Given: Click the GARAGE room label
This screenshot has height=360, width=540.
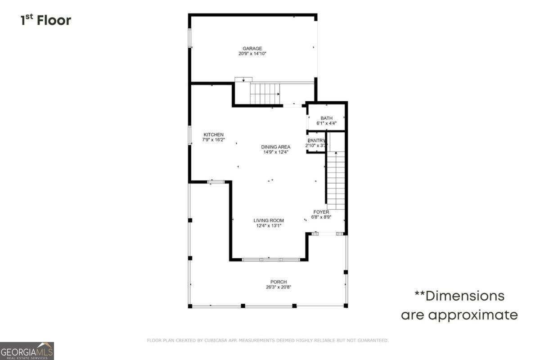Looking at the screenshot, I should click(x=252, y=49).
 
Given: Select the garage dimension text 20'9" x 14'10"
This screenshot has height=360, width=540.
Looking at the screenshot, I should click(x=252, y=54).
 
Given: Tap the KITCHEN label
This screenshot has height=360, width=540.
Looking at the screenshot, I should click(x=213, y=135).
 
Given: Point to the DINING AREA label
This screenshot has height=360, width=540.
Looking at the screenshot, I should click(x=276, y=147).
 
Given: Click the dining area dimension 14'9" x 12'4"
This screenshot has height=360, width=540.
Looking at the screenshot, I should click(x=276, y=152).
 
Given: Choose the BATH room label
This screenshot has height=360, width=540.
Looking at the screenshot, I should click(x=326, y=118).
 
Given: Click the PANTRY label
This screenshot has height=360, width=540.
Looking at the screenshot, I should click(x=317, y=140).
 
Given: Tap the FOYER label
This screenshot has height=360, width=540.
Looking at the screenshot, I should click(x=321, y=212).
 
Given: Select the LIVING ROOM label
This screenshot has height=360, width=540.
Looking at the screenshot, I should click(x=269, y=220).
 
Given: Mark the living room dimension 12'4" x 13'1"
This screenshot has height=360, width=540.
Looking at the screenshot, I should click(x=269, y=226).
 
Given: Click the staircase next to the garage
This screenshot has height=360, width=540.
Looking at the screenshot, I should click(x=265, y=94).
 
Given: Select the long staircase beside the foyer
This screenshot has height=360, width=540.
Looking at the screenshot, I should click(x=335, y=180).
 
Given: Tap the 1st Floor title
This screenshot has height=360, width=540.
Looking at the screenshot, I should click(x=45, y=20).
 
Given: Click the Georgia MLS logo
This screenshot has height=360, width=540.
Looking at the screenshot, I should click(x=27, y=351).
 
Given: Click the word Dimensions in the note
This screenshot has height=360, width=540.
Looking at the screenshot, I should click(x=465, y=296).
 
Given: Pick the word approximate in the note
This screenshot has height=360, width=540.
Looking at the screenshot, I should click(x=472, y=315).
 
